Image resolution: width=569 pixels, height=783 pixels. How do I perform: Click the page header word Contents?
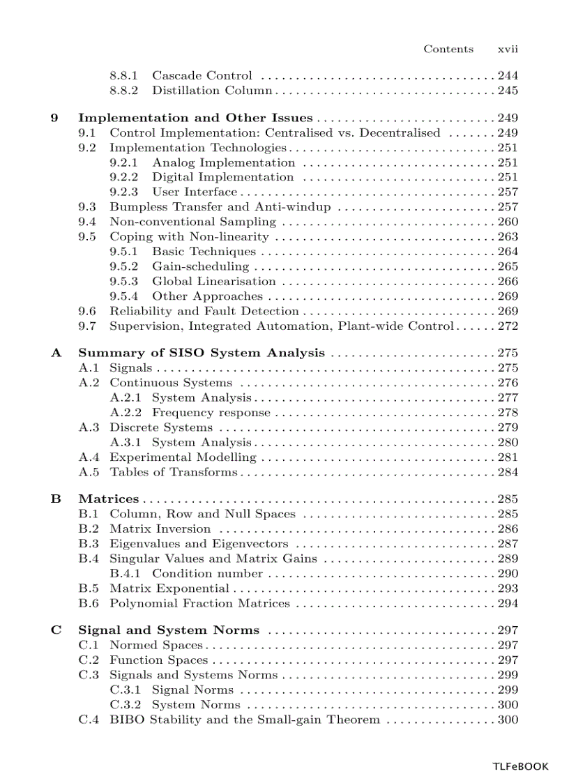click(448, 49)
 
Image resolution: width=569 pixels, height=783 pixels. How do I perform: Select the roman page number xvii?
click(508, 49)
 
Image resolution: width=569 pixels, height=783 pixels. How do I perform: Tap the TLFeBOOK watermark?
click(520, 766)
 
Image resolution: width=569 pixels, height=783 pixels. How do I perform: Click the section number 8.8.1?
click(124, 75)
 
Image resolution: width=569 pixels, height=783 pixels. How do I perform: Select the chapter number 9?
click(54, 118)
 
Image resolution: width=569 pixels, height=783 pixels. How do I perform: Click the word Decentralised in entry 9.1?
click(400, 132)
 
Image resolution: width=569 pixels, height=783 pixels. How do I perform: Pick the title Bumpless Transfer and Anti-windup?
click(220, 207)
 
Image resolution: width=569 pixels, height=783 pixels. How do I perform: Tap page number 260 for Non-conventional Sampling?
click(508, 222)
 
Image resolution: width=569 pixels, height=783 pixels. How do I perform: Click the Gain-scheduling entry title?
click(200, 266)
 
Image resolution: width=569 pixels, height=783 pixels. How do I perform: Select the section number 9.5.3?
click(124, 281)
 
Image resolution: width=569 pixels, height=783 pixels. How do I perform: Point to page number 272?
click(508, 326)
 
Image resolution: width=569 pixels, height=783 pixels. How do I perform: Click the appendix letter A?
click(55, 353)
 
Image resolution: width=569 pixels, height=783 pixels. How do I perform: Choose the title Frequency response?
click(211, 413)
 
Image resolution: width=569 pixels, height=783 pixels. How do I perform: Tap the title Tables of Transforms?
click(173, 472)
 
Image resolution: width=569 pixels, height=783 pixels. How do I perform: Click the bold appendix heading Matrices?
click(108, 499)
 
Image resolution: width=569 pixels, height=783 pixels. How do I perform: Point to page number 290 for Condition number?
click(508, 574)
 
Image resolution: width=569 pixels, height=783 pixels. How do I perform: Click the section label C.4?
click(88, 720)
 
